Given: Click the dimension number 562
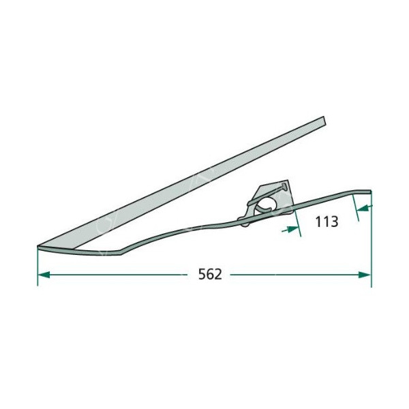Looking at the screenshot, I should coord(210,274).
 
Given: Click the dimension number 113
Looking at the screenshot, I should coord(327,222).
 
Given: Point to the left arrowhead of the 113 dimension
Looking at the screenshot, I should coord(293,229).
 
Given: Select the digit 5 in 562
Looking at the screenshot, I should coord(202,274).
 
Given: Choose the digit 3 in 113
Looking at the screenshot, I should coord(335,222).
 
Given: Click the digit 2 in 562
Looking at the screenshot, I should coord(218,274).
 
